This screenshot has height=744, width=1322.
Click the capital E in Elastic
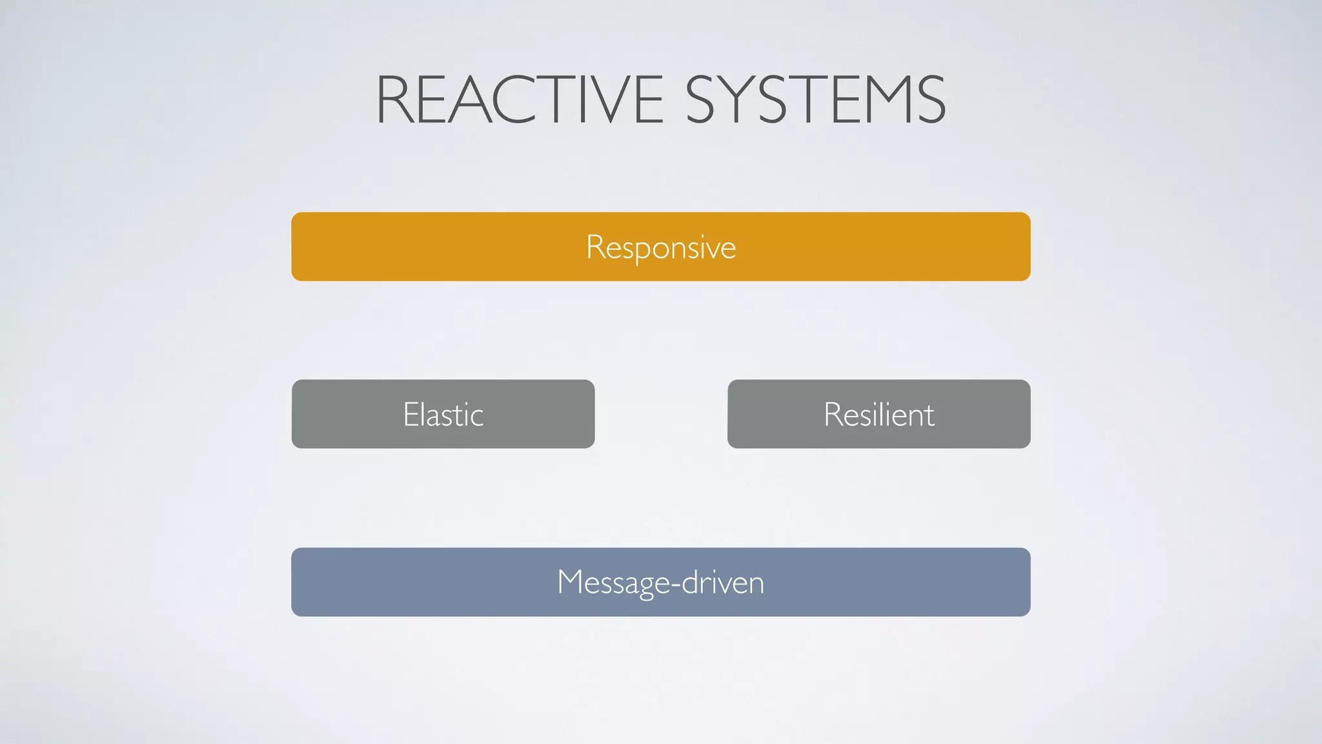tap(411, 415)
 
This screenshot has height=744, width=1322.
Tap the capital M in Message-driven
tap(570, 582)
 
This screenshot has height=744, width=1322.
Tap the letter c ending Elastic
tap(477, 417)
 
